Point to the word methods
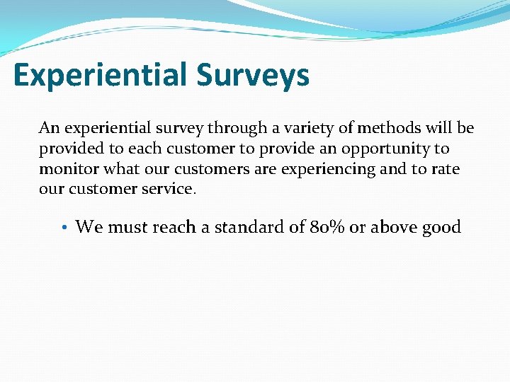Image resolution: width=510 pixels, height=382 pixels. (x=387, y=128)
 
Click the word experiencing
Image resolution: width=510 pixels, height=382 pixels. (x=323, y=169)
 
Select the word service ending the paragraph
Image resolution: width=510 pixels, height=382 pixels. (x=169, y=190)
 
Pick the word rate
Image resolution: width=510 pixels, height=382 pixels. (x=444, y=169)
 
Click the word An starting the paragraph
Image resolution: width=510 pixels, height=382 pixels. (x=49, y=128)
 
